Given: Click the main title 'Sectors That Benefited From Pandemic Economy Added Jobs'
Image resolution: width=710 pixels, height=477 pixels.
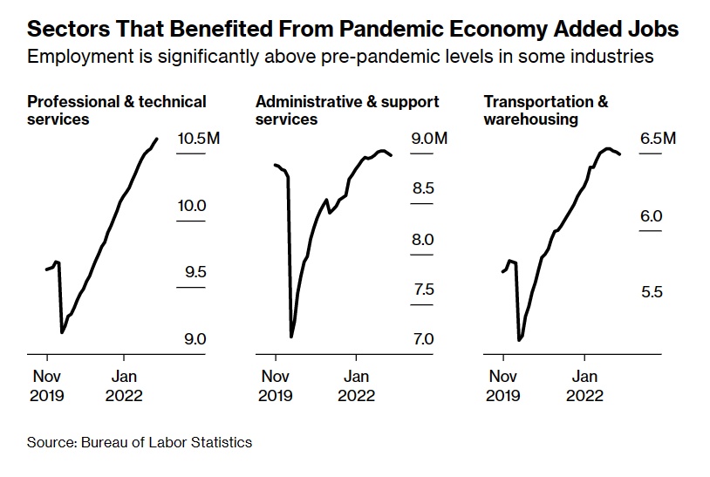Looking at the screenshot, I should click(353, 30).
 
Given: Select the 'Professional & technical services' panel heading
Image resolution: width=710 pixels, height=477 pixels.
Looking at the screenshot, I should click(117, 110).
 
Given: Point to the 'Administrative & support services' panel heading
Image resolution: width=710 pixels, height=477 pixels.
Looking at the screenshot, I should click(347, 110).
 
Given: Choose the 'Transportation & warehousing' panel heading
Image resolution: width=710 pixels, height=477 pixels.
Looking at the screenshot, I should click(546, 110).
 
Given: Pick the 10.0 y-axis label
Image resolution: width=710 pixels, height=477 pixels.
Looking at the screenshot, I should click(191, 206).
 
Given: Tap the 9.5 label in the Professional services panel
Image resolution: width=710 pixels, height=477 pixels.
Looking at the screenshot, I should click(195, 272).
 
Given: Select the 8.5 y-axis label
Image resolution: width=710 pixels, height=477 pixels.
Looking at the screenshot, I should click(422, 188).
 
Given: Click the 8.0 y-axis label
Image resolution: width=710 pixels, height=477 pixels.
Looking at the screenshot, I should click(422, 240).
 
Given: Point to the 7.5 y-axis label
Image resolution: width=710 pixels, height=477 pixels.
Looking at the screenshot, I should click(422, 290).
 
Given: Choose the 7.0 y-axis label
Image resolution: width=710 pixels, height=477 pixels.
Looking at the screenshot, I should click(422, 339).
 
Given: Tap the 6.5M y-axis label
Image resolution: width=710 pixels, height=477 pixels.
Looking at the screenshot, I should click(658, 140).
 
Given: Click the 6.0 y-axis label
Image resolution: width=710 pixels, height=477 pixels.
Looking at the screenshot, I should click(651, 215).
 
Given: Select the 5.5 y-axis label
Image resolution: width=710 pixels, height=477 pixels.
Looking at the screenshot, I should click(651, 291).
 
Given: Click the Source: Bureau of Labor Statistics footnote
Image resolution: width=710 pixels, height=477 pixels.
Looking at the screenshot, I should click(140, 442).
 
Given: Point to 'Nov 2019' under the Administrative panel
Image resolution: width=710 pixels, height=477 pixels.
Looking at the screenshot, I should click(276, 385).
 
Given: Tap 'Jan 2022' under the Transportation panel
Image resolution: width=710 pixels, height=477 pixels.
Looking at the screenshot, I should click(584, 385).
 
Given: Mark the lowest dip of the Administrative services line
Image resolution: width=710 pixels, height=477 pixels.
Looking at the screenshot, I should click(291, 337).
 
